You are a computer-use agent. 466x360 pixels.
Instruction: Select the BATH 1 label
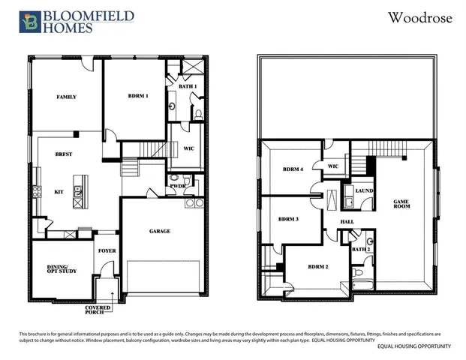(x=188, y=87)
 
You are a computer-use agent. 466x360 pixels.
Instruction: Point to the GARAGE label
(x=159, y=231)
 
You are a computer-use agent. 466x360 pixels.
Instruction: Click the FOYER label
(x=107, y=251)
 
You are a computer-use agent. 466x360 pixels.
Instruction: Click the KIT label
(x=59, y=192)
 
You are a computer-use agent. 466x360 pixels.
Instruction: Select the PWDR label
(x=178, y=185)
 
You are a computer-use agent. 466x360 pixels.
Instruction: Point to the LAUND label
(x=365, y=191)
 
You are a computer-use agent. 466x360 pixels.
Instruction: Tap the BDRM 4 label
(x=293, y=169)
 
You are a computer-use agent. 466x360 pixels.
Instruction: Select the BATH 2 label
(x=362, y=248)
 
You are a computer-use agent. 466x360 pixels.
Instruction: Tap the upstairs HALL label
(x=347, y=222)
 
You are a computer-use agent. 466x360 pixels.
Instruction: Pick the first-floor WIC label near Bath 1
(x=189, y=148)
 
